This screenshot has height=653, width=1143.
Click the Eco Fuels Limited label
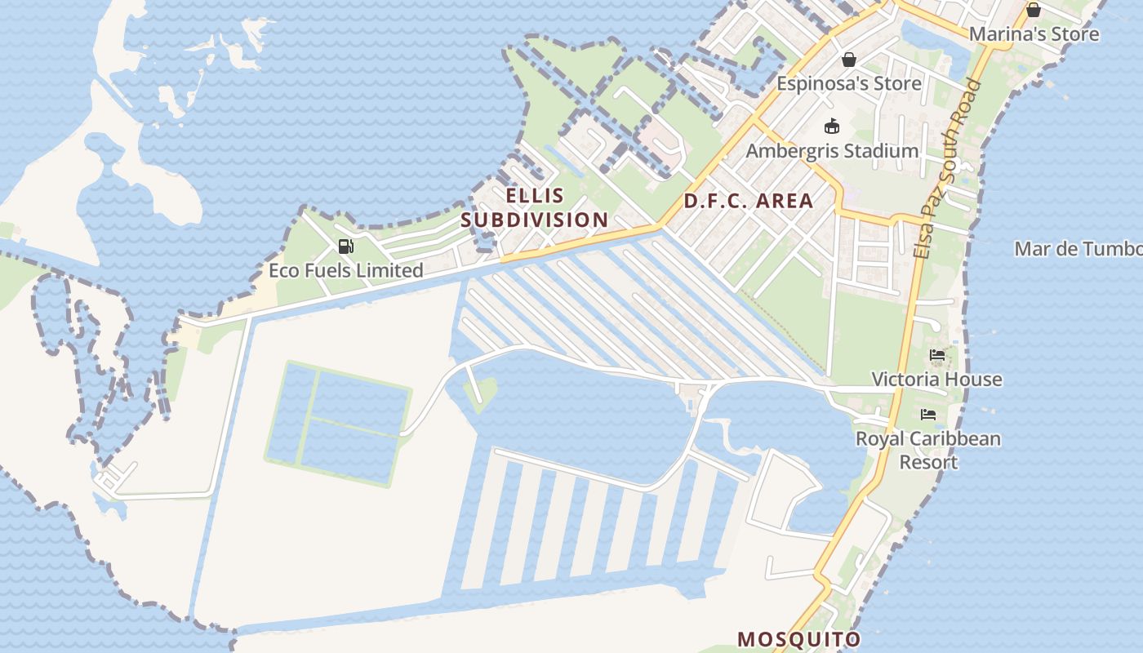coord(346,270)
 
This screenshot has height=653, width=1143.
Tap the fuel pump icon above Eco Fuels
coord(346,247)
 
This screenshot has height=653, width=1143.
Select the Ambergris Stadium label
coord(832,151)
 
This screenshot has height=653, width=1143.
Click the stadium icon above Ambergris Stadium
coord(832,126)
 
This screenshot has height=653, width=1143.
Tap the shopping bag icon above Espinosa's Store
coord(848,60)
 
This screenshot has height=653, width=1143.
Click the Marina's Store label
coord(1034,34)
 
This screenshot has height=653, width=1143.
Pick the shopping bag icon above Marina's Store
coord(1033,10)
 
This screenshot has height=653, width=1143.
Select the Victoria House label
coord(936,379)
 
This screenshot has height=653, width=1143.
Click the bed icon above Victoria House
coord(937,355)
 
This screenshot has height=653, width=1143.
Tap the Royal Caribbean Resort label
coord(928,450)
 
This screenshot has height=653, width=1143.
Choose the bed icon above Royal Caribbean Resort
coord(928,415)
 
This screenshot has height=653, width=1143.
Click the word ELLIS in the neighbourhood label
coord(535,196)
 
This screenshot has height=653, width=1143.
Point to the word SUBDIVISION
coord(535,220)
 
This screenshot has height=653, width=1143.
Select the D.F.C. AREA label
coord(749,201)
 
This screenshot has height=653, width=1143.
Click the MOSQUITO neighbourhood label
coord(799,638)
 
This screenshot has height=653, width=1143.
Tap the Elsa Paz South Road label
coord(946,168)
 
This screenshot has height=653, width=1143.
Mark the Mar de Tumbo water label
coord(1078,249)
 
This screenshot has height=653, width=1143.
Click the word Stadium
coord(885,151)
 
